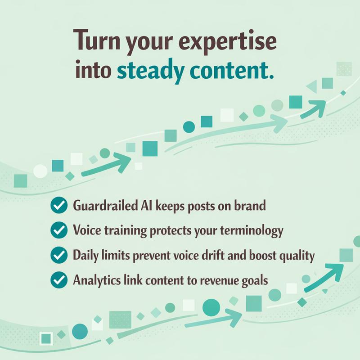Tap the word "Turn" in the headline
(97, 43)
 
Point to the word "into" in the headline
(94, 71)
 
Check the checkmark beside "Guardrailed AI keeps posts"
(58, 207)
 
